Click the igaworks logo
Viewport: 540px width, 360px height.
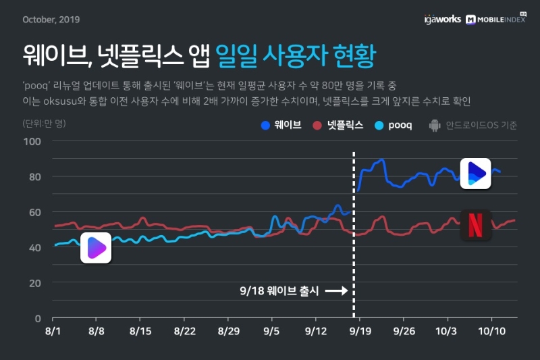point(442,20)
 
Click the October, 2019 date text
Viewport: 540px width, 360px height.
point(51,19)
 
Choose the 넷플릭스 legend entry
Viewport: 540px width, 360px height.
point(339,125)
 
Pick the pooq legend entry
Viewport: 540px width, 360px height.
point(394,125)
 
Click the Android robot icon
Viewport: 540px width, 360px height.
point(434,125)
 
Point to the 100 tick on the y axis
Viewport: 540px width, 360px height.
point(32,141)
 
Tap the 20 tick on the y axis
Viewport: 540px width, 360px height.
point(35,282)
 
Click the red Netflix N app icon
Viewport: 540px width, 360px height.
point(476,224)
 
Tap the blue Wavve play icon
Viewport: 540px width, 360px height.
point(476,174)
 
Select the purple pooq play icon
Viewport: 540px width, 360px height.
point(95,248)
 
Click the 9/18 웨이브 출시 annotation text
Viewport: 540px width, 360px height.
point(277,291)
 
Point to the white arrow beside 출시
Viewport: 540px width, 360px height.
point(335,291)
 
